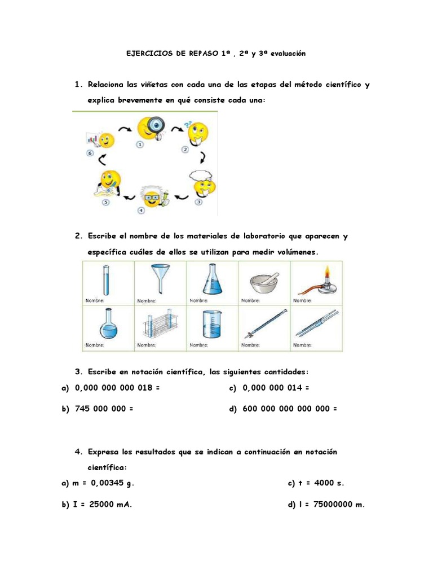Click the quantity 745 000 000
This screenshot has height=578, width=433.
click(x=100, y=409)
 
